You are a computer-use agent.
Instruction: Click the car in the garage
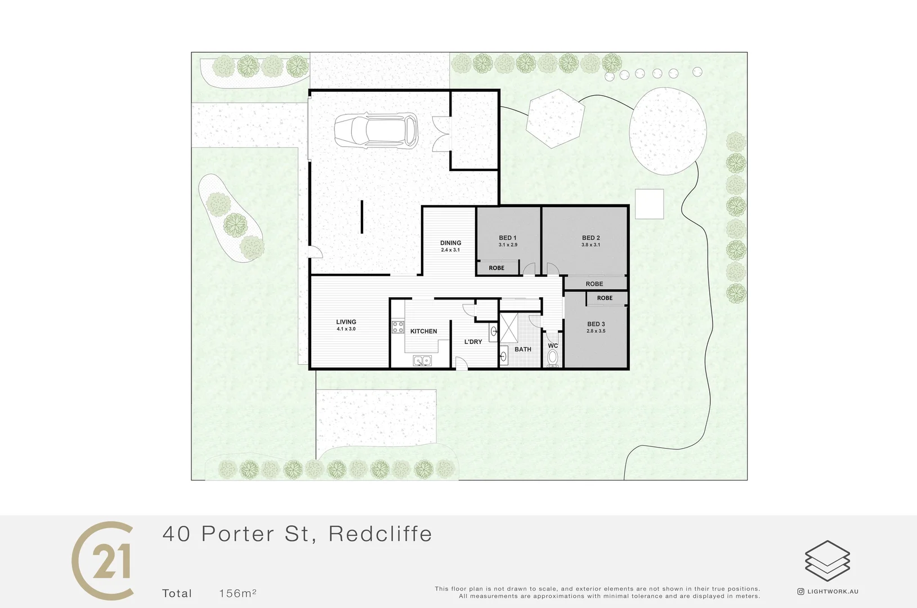(376, 131)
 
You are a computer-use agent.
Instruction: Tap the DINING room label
(450, 243)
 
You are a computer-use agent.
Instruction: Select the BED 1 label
(507, 238)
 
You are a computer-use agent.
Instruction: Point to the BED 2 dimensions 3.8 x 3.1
(591, 245)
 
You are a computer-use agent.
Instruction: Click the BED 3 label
(596, 324)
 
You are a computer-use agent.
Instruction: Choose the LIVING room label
(346, 322)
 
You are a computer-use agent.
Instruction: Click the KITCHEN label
(423, 332)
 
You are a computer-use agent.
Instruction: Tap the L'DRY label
(473, 342)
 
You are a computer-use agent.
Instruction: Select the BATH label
(522, 350)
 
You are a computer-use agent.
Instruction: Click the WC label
(553, 346)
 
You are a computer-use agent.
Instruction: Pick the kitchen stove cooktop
(398, 327)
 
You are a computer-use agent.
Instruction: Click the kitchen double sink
(422, 360)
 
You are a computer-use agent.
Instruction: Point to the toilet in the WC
(553, 358)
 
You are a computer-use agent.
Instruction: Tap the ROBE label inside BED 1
(496, 268)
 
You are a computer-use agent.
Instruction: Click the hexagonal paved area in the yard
(554, 119)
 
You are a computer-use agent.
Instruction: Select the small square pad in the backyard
(649, 204)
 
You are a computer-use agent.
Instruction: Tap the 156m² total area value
(238, 593)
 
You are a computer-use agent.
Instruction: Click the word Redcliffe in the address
(380, 534)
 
